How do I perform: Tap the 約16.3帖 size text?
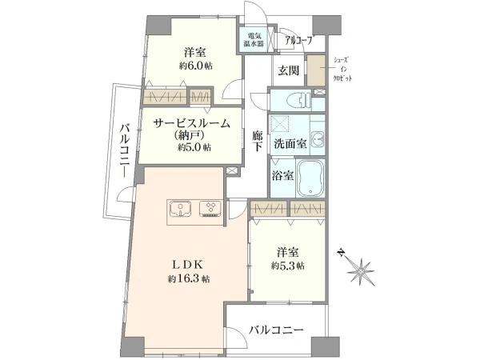[x=189, y=279]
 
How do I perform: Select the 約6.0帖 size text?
[x=196, y=66]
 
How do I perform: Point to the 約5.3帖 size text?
[x=287, y=266]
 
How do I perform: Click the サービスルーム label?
[x=192, y=123]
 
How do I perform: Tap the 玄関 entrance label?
[x=288, y=70]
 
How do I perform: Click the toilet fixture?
[x=300, y=100]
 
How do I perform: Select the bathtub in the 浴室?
[x=310, y=178]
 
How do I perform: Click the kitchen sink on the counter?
[x=181, y=209]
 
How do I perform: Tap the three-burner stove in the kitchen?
[x=210, y=209]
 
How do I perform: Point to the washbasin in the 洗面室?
[x=318, y=139]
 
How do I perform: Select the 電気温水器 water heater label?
[x=254, y=39]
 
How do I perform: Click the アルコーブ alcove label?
[x=300, y=40]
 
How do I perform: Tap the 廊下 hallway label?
[x=258, y=140]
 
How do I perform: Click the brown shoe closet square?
[x=316, y=70]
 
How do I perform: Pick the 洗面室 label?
[x=290, y=143]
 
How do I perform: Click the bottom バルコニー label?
[x=276, y=330]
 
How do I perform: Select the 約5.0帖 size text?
[x=194, y=147]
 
